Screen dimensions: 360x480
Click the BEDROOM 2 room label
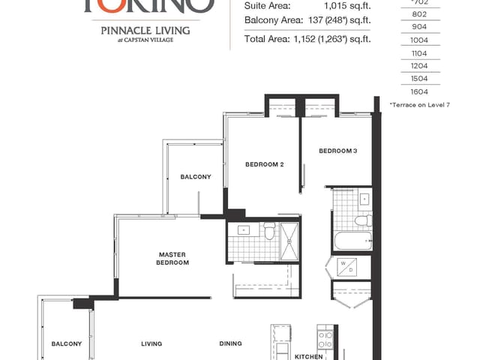(x=264, y=164)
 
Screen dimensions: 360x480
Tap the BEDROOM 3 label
(x=337, y=151)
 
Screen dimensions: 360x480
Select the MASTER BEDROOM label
(x=172, y=259)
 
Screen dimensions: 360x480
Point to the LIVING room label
(x=152, y=343)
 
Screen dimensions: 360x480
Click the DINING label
(x=230, y=343)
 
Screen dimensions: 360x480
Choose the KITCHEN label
(x=308, y=356)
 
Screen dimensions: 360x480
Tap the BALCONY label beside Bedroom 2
(x=196, y=177)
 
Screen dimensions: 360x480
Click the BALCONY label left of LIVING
(x=66, y=343)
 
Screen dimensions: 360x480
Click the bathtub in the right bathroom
(x=352, y=241)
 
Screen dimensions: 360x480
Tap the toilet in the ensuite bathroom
(x=268, y=232)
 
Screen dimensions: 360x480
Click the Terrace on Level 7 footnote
(x=419, y=104)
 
